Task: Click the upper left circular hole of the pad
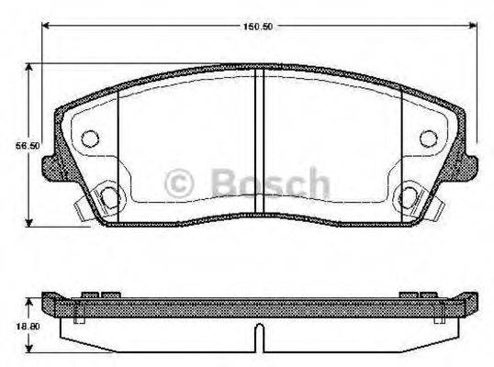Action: [x=90, y=138]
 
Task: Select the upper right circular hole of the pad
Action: [x=427, y=138]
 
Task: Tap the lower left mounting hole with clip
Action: [x=108, y=195]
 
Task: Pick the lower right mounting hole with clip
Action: [x=409, y=195]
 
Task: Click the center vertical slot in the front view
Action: [x=259, y=138]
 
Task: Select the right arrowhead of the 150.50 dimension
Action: [x=475, y=25]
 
